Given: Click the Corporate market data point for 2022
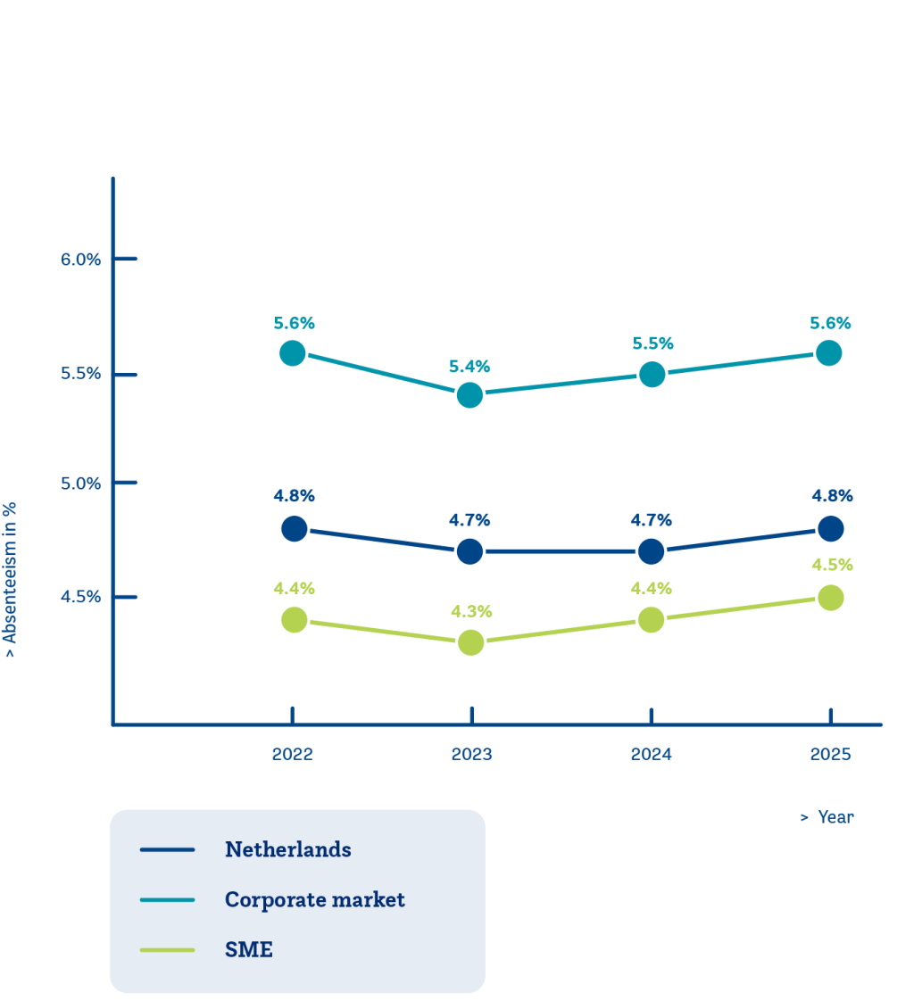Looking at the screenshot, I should point(292,353).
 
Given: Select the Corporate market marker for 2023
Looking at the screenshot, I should point(469,394).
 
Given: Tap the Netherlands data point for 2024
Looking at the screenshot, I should point(652,551).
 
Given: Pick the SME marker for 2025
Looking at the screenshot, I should point(830,597).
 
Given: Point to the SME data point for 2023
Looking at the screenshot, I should point(470,642).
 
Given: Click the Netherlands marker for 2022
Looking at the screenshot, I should point(294,529).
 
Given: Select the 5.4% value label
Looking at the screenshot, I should point(470,367).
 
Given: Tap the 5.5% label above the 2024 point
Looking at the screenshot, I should point(652,343).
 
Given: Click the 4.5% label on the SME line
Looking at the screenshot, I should point(832,565).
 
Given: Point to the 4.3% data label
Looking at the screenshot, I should point(470,612).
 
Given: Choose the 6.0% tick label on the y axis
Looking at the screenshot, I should point(81,260).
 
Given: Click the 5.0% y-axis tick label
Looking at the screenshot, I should point(81,484).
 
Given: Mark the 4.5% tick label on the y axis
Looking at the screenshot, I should point(81,597).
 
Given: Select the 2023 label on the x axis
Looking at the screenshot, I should point(471,755).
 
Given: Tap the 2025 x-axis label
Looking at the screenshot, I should point(830,755).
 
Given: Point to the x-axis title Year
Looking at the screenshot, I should point(835,817).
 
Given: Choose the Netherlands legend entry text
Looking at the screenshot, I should point(287,849).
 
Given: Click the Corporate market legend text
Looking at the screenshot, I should point(314,899).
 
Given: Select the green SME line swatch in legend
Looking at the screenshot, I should point(168,950).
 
